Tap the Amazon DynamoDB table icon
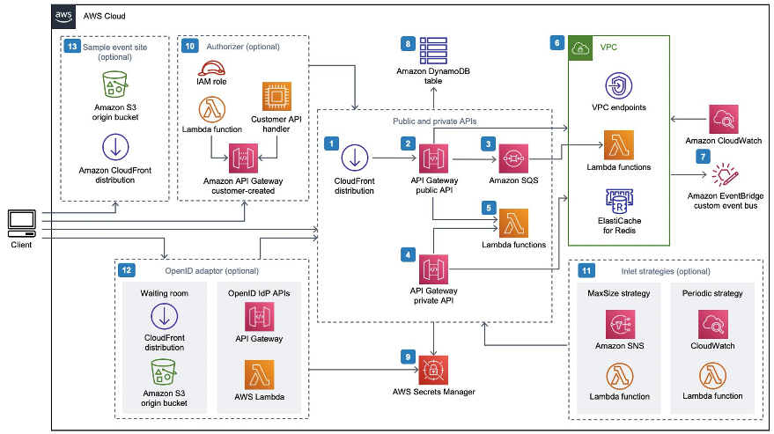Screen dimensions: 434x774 433,48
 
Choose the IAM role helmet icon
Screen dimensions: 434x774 210,70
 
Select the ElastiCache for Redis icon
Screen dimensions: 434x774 617,203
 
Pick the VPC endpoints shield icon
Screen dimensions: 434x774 617,86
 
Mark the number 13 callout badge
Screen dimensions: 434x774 72,44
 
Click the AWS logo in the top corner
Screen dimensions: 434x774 64,15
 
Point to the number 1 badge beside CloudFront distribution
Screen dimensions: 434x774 331,142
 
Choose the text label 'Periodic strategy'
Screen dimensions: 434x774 711,293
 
